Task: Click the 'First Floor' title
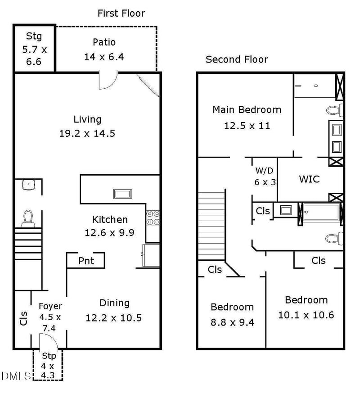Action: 121,14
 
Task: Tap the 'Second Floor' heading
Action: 237,59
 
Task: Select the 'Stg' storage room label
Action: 34,36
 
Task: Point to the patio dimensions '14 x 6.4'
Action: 104,57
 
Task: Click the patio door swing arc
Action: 108,81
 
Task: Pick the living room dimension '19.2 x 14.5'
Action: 87,133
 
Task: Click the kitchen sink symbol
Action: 123,194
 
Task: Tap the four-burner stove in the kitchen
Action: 153,217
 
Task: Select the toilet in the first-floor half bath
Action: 28,219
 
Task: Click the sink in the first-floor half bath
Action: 29,185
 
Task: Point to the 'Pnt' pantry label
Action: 86,261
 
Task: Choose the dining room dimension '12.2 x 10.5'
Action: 114,318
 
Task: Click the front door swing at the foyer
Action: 49,341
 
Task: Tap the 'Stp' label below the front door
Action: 49,356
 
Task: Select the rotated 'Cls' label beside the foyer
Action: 23,318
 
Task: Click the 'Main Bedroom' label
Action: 247,110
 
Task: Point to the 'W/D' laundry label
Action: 264,171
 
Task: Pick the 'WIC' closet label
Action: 309,179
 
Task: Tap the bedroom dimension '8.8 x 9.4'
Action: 233,322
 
